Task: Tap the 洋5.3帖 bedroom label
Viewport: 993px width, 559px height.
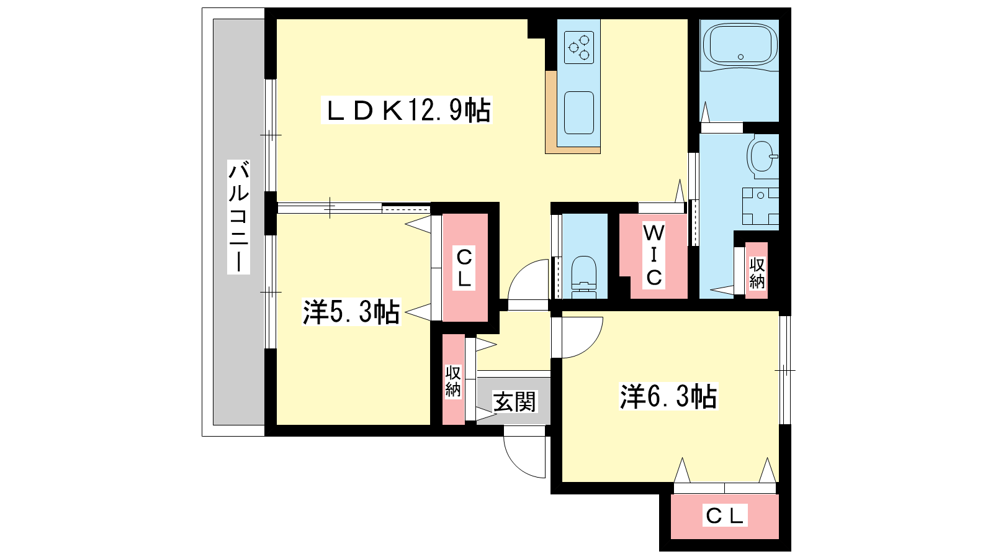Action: pyautogui.click(x=351, y=311)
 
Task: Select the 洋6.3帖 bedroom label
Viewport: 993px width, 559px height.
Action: pyautogui.click(x=668, y=396)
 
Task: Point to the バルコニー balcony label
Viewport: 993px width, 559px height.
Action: pyautogui.click(x=238, y=217)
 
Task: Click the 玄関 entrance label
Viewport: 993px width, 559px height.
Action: pyautogui.click(x=514, y=401)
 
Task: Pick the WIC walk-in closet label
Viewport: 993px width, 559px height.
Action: pyautogui.click(x=654, y=255)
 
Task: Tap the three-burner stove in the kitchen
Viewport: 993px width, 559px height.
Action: pyautogui.click(x=579, y=47)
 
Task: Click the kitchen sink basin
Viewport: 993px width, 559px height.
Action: pyautogui.click(x=579, y=112)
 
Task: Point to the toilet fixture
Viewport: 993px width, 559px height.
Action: pyautogui.click(x=584, y=277)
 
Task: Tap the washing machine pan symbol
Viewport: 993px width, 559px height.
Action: pyautogui.click(x=761, y=206)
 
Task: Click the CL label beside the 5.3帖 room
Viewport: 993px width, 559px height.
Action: pyautogui.click(x=464, y=268)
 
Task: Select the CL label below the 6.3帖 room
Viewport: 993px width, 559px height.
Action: pyautogui.click(x=724, y=516)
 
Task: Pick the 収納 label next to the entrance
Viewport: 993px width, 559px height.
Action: pyautogui.click(x=453, y=381)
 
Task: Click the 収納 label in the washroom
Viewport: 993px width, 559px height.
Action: pyautogui.click(x=757, y=273)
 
